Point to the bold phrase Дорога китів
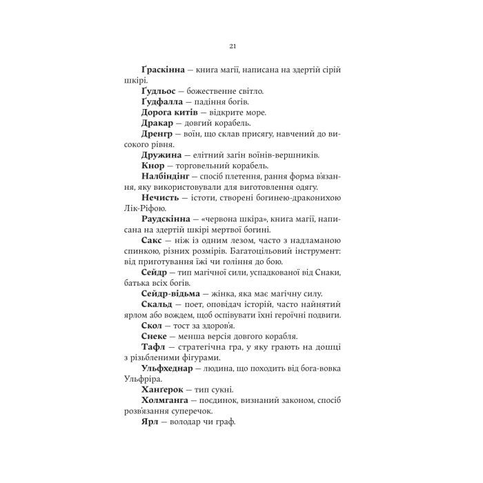(x=169, y=112)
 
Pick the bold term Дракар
(x=155, y=123)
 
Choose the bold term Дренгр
(x=157, y=134)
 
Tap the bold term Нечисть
(x=159, y=198)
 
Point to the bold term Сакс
(x=151, y=241)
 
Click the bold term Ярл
(x=150, y=422)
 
